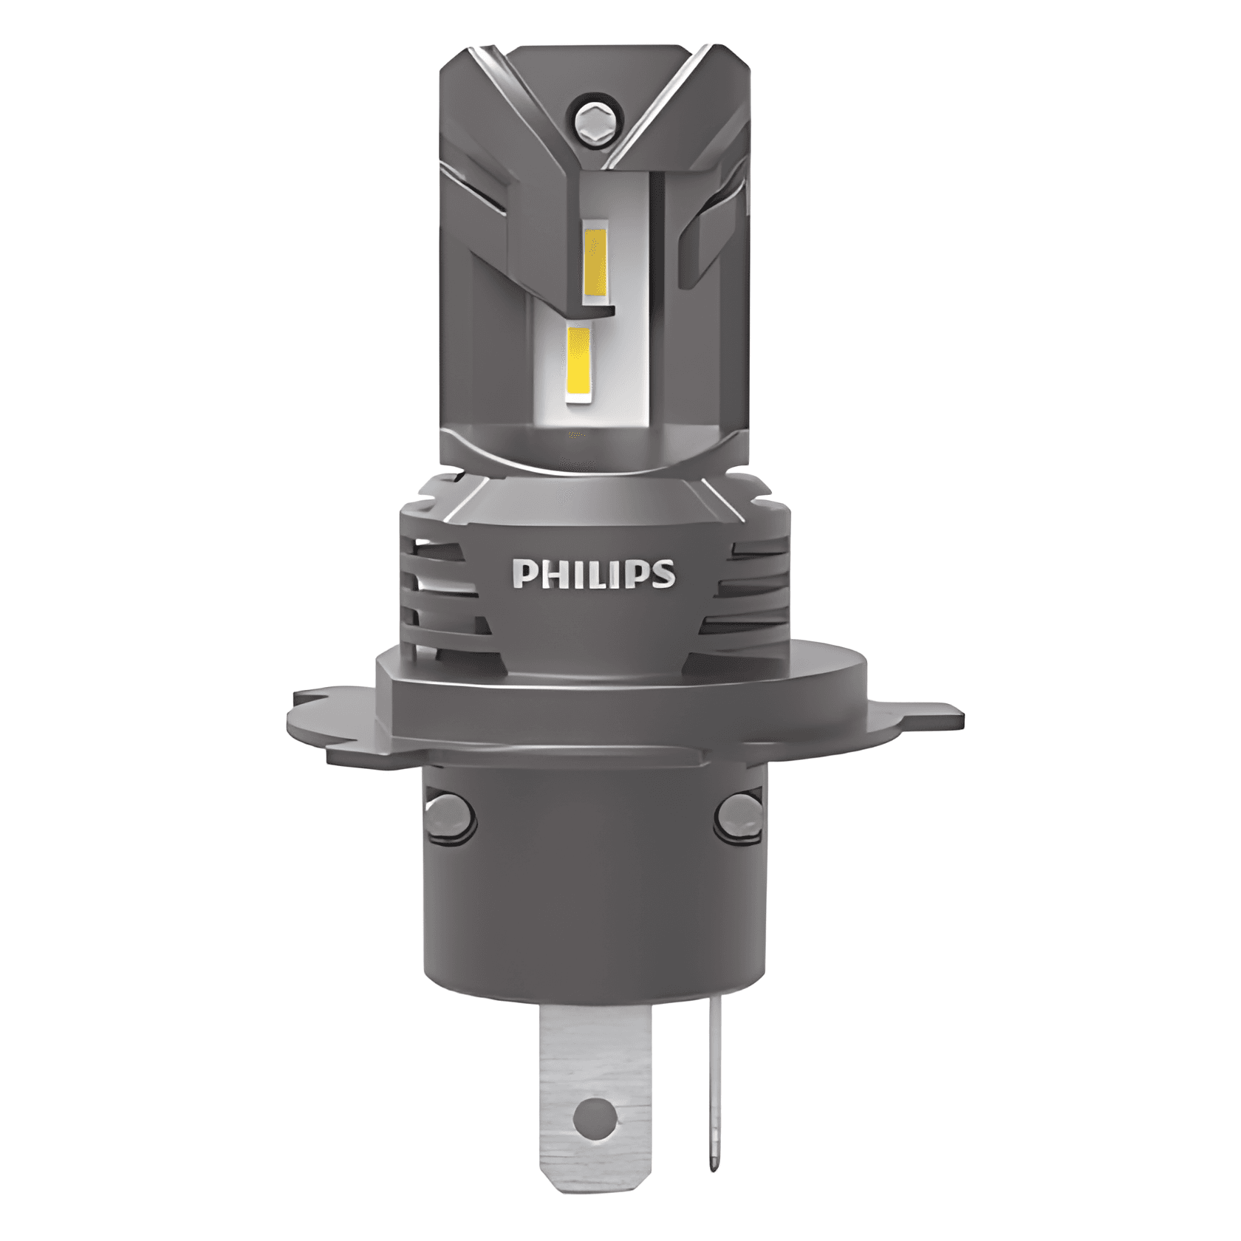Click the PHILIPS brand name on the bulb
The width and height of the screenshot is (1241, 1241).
pyautogui.click(x=593, y=574)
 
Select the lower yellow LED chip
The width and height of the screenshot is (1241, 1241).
pyautogui.click(x=580, y=365)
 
